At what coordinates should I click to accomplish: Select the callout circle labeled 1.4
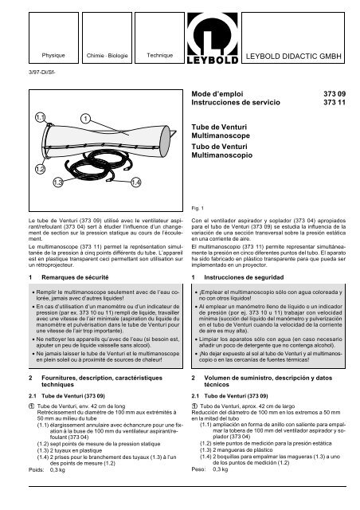point(136,182)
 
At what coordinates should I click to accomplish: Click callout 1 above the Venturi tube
point(84,119)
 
